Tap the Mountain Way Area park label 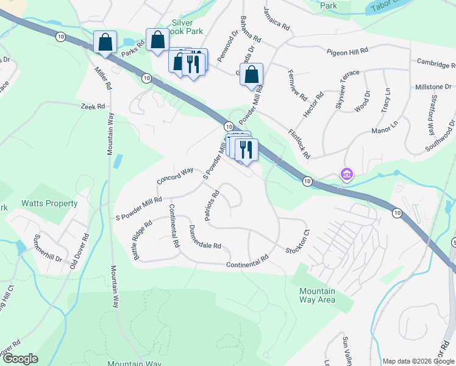317,295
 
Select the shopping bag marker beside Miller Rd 105,43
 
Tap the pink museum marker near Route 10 347,175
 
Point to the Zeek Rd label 93,106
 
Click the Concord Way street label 174,176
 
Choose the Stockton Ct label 298,243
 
